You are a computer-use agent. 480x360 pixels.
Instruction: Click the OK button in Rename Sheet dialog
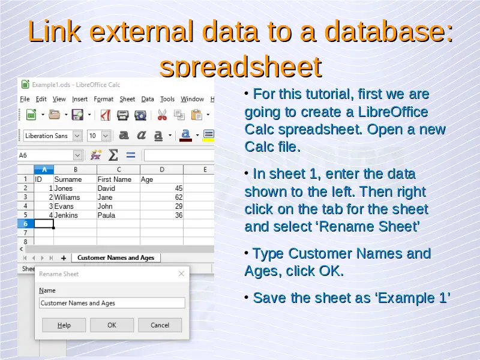click(112, 325)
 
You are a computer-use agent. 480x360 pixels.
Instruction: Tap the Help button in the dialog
click(64, 325)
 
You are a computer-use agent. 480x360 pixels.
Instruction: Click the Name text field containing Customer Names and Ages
click(112, 303)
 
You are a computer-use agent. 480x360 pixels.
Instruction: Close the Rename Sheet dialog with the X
click(182, 274)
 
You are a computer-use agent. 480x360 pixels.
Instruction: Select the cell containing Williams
click(76, 197)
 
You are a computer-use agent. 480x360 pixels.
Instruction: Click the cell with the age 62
click(161, 197)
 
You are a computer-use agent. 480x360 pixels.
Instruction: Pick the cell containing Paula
click(118, 215)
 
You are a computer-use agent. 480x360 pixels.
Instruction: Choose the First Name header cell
click(118, 179)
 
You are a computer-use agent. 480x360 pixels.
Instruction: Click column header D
click(161, 170)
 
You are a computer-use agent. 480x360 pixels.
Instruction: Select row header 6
click(26, 224)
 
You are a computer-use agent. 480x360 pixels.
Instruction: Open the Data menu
click(148, 99)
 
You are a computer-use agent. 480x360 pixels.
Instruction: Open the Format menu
click(103, 99)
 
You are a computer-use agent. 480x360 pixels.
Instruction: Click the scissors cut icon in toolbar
click(162, 115)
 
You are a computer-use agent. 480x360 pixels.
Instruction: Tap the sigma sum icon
click(113, 155)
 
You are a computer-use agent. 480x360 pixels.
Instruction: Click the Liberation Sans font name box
click(48, 136)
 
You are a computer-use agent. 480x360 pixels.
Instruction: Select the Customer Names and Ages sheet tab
click(116, 258)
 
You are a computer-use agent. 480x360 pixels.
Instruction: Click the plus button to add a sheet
click(64, 258)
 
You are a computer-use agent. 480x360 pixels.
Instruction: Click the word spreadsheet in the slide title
click(241, 67)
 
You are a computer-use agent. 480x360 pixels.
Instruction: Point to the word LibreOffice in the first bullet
click(393, 112)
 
